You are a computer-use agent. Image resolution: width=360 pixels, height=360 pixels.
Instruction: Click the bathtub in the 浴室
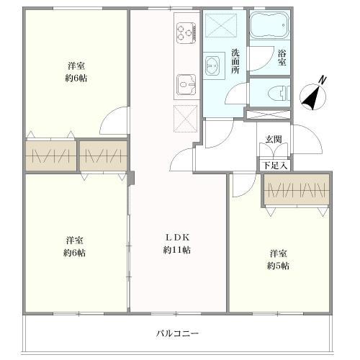click(x=270, y=24)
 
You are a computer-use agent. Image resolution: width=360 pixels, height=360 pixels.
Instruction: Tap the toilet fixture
click(x=279, y=94)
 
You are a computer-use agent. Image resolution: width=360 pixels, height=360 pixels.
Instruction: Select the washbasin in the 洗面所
click(x=212, y=66)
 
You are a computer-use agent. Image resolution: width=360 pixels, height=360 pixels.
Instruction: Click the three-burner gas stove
click(x=186, y=33)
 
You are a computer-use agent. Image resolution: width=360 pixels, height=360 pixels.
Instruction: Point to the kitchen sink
click(x=186, y=85)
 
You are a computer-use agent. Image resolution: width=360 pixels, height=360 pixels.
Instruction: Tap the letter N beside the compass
click(x=323, y=80)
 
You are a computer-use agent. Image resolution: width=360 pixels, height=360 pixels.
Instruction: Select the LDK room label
click(x=177, y=238)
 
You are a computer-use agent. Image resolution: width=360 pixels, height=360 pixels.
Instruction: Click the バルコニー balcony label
click(x=177, y=333)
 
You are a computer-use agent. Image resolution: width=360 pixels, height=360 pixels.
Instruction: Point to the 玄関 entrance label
click(x=274, y=139)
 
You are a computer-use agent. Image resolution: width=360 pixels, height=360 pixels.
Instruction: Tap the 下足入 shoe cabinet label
click(x=274, y=166)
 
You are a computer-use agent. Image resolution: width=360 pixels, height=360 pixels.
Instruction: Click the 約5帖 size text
click(x=278, y=266)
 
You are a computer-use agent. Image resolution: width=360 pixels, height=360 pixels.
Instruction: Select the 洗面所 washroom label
click(x=235, y=61)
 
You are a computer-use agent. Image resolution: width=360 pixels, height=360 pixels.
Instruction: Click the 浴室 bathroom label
click(x=282, y=58)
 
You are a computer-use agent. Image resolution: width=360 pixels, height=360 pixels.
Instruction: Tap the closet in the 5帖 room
click(x=297, y=189)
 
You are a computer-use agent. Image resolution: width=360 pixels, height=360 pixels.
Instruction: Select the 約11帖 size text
click(x=177, y=250)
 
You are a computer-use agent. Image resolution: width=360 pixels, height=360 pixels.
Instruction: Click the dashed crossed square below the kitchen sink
click(x=185, y=119)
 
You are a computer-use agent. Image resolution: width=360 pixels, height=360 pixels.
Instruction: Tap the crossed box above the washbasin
click(x=221, y=26)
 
